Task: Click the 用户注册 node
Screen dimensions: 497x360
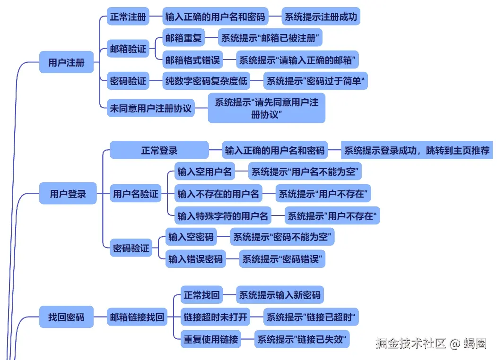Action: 66,62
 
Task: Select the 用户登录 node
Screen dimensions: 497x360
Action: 68,194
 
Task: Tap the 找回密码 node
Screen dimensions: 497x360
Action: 66,317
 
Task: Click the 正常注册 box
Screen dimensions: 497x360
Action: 128,17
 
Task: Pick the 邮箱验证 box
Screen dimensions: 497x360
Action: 128,49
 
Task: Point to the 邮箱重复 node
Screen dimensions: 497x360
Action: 183,38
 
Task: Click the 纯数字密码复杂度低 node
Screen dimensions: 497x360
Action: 206,81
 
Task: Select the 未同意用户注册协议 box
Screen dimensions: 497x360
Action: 151,108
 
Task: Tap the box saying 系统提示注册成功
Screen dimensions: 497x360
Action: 321,17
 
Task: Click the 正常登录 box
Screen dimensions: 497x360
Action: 159,151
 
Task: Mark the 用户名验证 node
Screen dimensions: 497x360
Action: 136,194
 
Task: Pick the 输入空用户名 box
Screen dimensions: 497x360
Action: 205,171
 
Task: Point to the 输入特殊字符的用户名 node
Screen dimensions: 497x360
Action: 223,216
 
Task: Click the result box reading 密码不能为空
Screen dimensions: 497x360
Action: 282,237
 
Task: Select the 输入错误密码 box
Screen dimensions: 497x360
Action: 195,259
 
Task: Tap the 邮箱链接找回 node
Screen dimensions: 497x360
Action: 137,317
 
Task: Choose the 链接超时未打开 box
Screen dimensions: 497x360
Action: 216,317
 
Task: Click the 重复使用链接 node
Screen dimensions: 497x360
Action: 211,339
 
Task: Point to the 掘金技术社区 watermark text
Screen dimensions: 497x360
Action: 411,343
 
